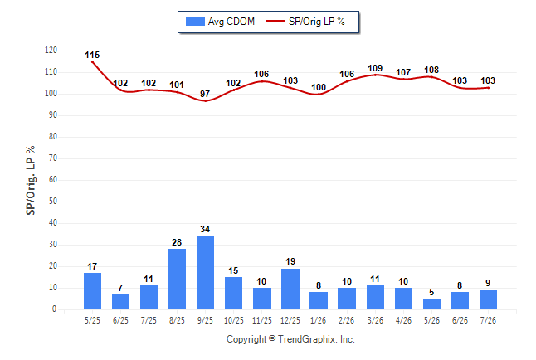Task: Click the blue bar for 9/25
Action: pos(205,273)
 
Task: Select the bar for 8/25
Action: pos(177,279)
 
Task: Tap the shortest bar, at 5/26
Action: pos(431,304)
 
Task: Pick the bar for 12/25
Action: pos(290,289)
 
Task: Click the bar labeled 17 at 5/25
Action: pos(92,291)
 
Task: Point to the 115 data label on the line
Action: pos(92,55)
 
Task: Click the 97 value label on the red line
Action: pos(205,94)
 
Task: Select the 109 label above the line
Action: pos(375,68)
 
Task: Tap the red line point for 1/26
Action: pos(319,94)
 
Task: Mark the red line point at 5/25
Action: pos(92,62)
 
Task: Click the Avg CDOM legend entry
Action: pos(220,22)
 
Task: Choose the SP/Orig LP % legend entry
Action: pos(305,22)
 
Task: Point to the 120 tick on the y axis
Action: pos(51,51)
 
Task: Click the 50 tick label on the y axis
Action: pos(52,201)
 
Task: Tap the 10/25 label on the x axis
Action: pos(234,320)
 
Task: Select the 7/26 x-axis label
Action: pos(488,320)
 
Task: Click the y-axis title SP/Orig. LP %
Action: pos(31,180)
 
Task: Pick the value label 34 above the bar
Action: pos(205,229)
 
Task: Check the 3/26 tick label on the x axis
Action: pos(375,320)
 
